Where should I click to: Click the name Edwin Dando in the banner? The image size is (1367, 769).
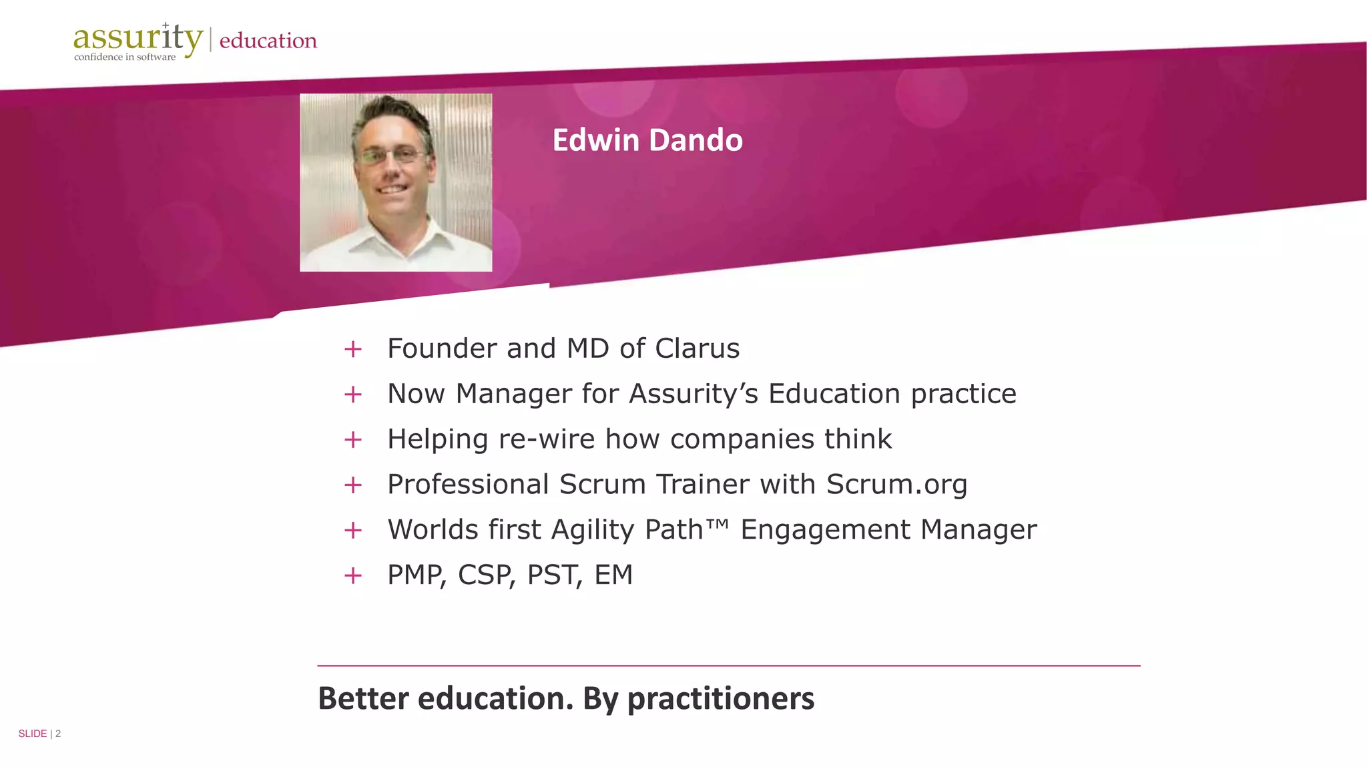pyautogui.click(x=647, y=140)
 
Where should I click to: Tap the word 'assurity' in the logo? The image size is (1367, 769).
pyautogui.click(x=137, y=38)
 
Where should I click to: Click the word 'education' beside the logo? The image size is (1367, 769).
pyautogui.click(x=268, y=41)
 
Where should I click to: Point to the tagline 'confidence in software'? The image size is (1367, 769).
pyautogui.click(x=125, y=57)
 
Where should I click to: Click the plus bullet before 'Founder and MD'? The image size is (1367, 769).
pyautogui.click(x=352, y=349)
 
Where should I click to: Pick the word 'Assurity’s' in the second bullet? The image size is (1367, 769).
pyautogui.click(x=694, y=394)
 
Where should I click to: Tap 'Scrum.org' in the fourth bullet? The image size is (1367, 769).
pyautogui.click(x=896, y=485)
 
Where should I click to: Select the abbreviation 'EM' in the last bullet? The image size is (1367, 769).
pyautogui.click(x=613, y=575)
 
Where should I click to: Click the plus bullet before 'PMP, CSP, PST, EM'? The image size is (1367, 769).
pyautogui.click(x=352, y=575)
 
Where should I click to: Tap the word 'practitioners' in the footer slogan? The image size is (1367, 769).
pyautogui.click(x=720, y=699)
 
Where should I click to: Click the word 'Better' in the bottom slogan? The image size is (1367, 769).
pyautogui.click(x=363, y=699)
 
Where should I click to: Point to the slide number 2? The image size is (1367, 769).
pyautogui.click(x=58, y=734)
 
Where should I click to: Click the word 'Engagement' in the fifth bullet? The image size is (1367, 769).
pyautogui.click(x=825, y=530)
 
